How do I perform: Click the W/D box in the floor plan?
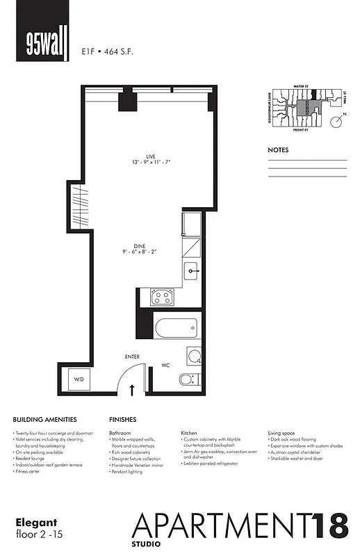(x=79, y=379)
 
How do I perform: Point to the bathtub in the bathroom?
(x=174, y=328)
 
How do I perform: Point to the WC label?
(x=166, y=363)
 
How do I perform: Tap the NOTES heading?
(x=279, y=150)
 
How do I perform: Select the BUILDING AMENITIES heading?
(x=53, y=420)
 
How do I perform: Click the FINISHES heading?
(x=122, y=420)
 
